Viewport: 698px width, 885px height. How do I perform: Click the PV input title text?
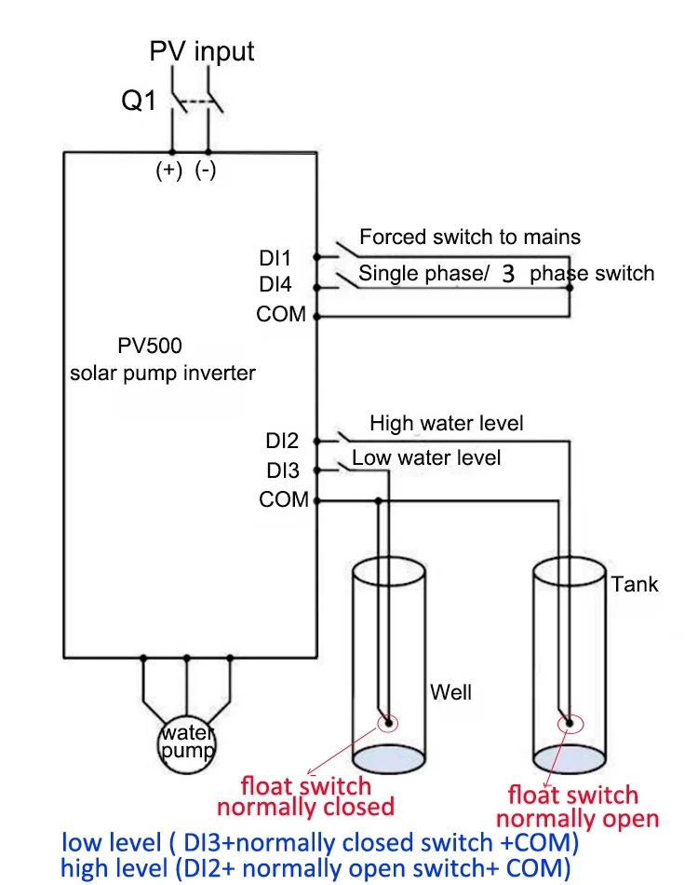(x=202, y=51)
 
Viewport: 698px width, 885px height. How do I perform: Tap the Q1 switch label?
(x=140, y=101)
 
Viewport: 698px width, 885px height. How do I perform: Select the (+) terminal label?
(x=169, y=170)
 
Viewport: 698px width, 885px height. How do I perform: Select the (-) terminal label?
(x=206, y=170)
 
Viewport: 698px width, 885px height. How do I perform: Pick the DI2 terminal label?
(x=282, y=441)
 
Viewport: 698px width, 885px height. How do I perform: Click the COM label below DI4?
(x=281, y=315)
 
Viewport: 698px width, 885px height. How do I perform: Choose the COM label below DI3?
(x=284, y=500)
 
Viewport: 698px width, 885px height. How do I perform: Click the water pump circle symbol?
(x=186, y=742)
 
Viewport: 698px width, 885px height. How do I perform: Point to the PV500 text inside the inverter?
(x=150, y=346)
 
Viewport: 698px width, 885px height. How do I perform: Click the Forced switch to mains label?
(x=469, y=237)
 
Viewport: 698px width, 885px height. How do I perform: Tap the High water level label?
(x=446, y=424)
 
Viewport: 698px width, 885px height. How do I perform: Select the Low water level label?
(x=426, y=457)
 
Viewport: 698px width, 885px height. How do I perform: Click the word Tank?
(x=635, y=585)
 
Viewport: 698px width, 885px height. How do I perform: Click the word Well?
(x=450, y=692)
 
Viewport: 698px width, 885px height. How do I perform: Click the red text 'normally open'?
(x=577, y=819)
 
